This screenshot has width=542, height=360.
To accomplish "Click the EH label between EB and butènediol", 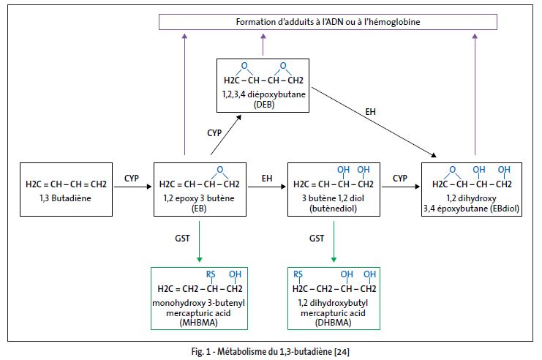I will click(267, 178).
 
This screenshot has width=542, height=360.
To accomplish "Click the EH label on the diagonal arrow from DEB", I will click(371, 111).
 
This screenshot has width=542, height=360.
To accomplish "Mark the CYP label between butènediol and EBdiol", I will click(399, 178).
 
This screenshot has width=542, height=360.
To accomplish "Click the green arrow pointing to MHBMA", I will click(200, 241).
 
